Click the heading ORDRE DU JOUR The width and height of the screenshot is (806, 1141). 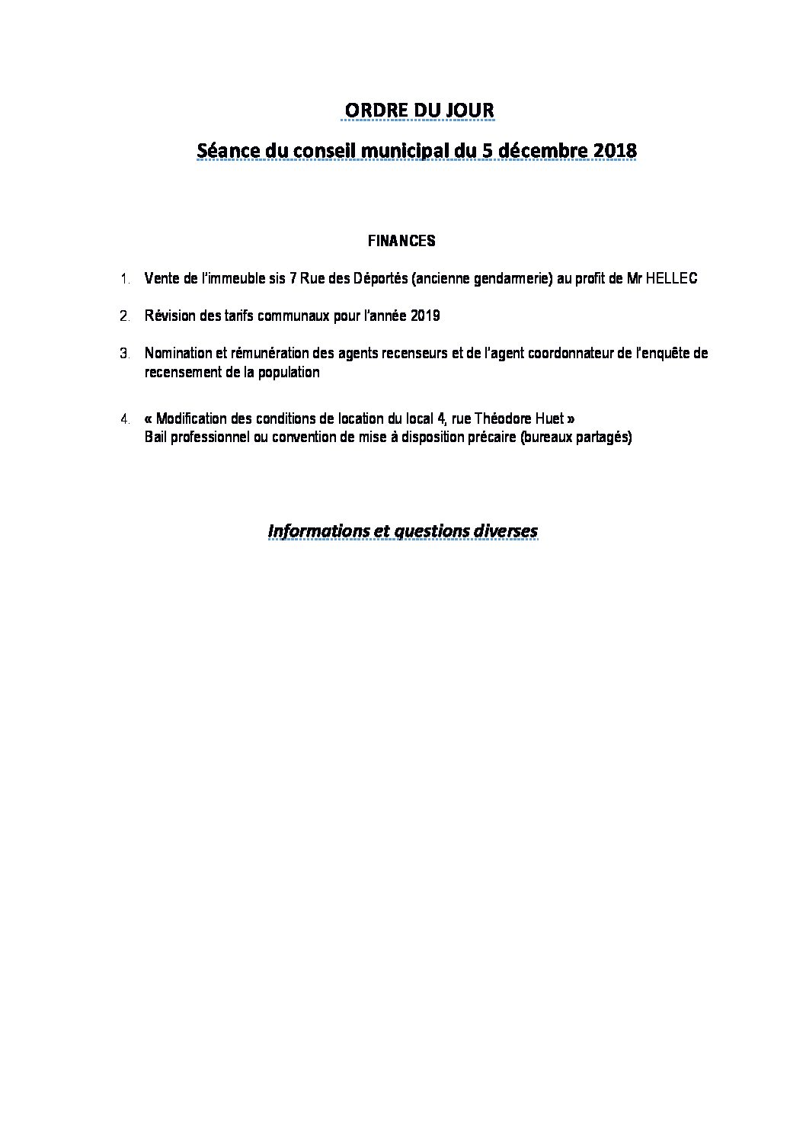tap(417, 111)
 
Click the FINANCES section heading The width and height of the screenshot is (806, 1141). tap(401, 241)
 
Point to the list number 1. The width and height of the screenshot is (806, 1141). tap(125, 279)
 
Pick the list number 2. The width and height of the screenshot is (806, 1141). tap(125, 316)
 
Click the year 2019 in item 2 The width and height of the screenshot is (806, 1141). tap(427, 316)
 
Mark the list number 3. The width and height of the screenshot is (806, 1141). tap(125, 354)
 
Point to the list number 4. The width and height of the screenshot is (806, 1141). tap(125, 419)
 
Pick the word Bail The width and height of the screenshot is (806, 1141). tap(155, 438)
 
